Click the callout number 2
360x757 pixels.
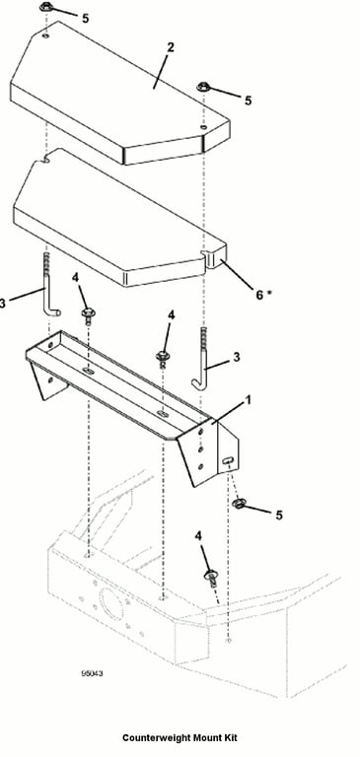170,47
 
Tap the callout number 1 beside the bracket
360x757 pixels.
248,400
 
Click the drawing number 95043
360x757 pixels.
92,673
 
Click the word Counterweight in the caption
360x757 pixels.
157,737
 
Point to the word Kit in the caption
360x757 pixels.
230,737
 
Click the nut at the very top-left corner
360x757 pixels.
46,7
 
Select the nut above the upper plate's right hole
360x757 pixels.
203,88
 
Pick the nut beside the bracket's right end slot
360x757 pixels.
238,504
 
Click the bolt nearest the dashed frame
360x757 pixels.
211,577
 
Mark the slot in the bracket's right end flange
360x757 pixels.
226,462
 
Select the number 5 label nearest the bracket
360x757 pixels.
279,516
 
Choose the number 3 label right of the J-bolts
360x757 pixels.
237,357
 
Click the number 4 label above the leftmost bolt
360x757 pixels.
75,277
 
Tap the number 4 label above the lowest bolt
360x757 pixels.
199,536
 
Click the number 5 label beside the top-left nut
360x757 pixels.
85,19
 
